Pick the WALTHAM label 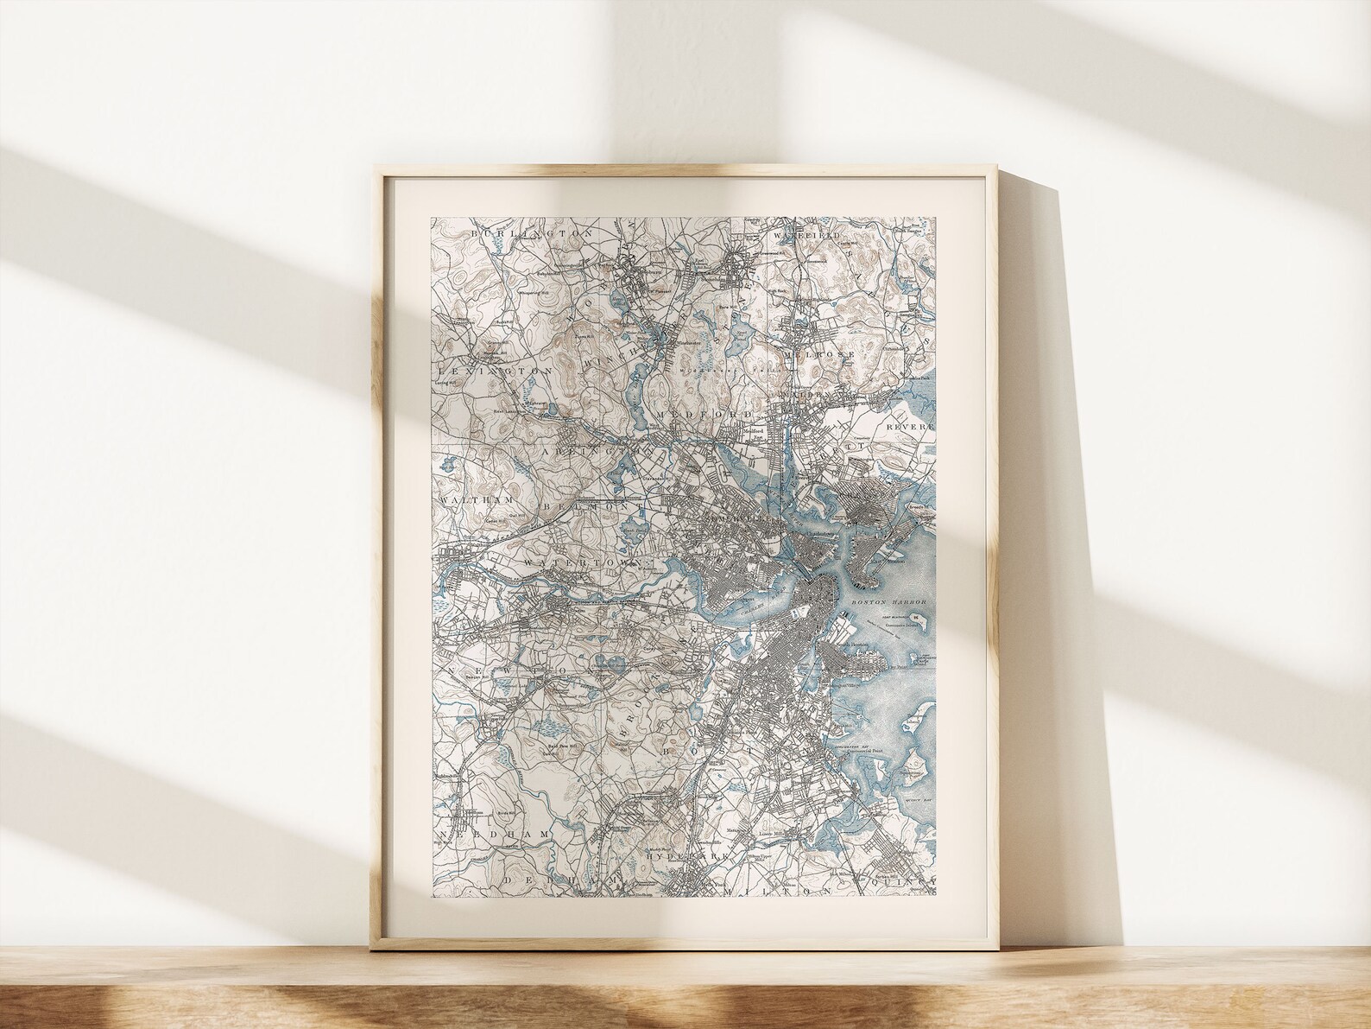477,501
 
